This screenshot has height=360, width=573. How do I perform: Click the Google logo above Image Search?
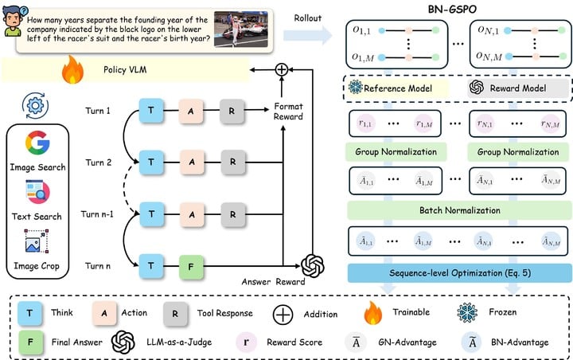[37, 143]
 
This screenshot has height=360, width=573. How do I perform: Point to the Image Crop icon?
[37, 242]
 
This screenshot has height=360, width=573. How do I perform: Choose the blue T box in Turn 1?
[150, 111]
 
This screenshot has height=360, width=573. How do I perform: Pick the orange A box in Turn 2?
[191, 162]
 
